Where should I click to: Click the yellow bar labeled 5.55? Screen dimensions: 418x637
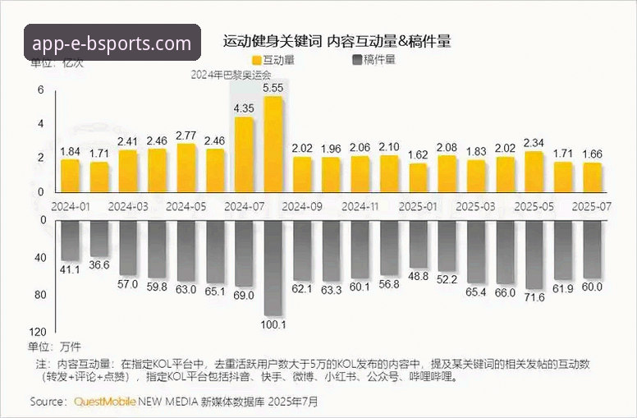[273, 144]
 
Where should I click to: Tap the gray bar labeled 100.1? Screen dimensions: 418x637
[273, 267]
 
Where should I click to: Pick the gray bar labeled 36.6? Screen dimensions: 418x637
[99, 239]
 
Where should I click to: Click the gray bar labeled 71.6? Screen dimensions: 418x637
[534, 255]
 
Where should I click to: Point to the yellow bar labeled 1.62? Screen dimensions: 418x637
[418, 177]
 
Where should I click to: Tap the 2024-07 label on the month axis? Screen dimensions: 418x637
[244, 205]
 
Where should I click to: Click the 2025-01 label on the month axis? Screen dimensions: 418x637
[418, 205]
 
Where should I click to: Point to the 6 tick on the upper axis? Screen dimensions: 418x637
[40, 90]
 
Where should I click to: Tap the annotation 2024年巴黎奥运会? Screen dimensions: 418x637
[231, 74]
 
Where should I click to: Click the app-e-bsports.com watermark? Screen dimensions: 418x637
[113, 42]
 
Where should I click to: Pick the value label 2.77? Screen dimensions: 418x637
[186, 136]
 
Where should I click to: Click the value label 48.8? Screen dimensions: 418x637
[418, 276]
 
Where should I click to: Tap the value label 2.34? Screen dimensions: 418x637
[534, 142]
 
